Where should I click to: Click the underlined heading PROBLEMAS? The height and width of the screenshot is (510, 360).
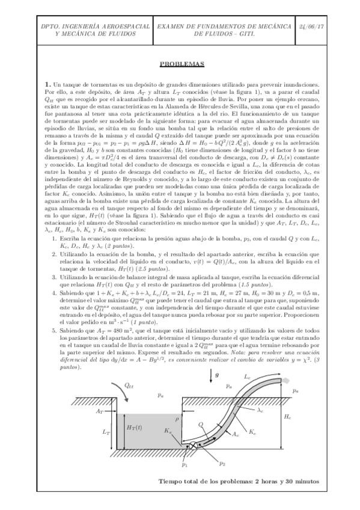(x=180, y=64)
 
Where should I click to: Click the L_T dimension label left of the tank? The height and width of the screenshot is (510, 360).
(x=106, y=431)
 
